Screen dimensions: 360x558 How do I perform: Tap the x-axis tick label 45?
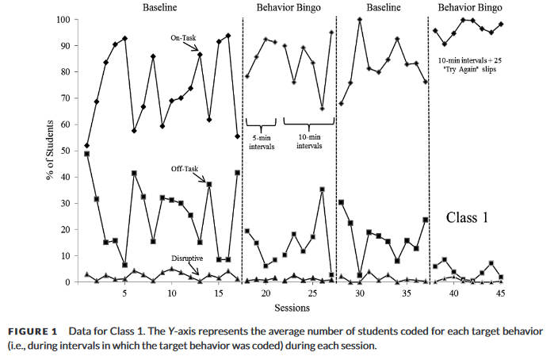pos(500,293)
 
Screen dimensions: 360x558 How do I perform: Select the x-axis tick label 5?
pos(124,293)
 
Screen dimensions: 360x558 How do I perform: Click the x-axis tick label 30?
pos(359,293)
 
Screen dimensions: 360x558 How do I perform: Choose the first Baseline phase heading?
pos(163,7)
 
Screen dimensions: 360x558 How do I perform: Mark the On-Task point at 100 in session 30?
pos(360,19)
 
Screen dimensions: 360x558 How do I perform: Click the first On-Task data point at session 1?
pos(86,146)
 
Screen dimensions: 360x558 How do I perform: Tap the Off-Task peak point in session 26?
pos(322,190)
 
